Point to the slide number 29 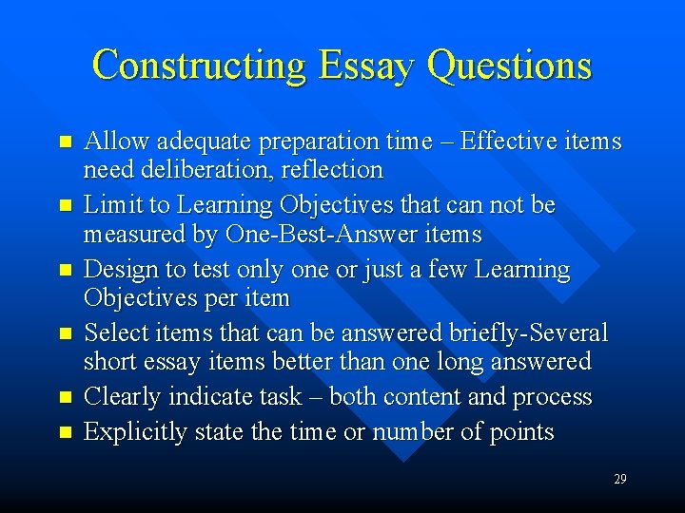620,479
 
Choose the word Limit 109,205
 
